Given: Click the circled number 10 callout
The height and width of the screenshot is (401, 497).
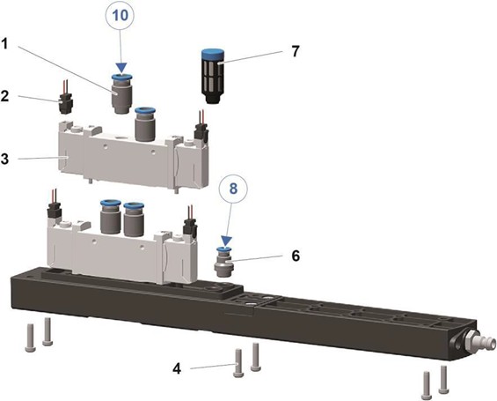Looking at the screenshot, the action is [121, 15].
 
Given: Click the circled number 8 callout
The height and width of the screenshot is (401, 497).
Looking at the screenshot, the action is [233, 189].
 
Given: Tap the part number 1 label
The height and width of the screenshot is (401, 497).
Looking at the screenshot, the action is [4, 44].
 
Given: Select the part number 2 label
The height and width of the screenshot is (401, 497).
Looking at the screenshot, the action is [4, 96].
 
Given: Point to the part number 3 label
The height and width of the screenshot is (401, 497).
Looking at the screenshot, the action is [4, 159].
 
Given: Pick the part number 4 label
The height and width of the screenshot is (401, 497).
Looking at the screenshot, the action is [177, 369].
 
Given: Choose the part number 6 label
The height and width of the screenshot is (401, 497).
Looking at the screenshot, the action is [296, 256].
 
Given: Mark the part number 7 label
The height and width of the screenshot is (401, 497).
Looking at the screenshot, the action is [296, 51].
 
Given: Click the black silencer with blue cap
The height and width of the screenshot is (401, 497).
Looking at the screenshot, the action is [213, 76].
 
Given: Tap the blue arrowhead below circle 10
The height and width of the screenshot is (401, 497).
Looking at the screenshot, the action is [121, 67].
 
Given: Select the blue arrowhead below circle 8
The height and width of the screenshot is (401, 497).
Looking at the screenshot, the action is [226, 241].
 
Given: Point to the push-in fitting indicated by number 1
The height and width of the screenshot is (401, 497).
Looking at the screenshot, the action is [121, 94].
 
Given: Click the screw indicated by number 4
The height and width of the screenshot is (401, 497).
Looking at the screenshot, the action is [238, 363].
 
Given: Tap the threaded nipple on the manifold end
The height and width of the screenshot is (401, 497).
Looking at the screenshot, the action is [478, 343].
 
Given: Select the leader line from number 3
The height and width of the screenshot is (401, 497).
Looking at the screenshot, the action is [41, 158].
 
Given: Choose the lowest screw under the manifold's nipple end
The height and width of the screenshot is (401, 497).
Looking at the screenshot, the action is [427, 386].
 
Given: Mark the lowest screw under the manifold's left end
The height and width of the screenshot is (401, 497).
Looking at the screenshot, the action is [30, 338].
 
